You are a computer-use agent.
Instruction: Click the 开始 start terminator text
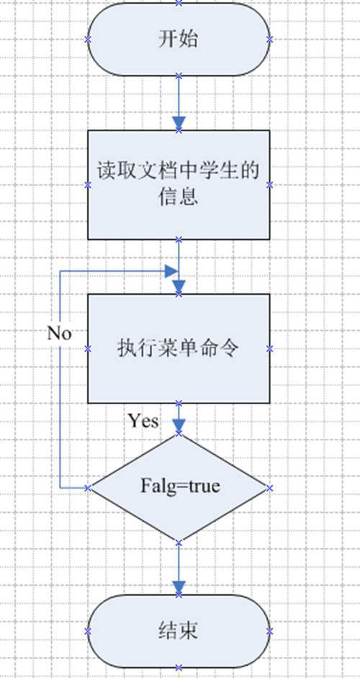click(x=178, y=40)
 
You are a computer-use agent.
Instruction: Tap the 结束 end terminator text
click(x=179, y=631)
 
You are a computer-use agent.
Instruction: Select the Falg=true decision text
click(x=180, y=486)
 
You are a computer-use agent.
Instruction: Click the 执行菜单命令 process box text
click(x=178, y=348)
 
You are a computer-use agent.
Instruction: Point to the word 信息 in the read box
click(x=178, y=197)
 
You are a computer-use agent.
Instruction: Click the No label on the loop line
click(x=59, y=334)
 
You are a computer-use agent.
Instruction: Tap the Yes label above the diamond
click(x=143, y=420)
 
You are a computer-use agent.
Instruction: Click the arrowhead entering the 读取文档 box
click(x=179, y=123)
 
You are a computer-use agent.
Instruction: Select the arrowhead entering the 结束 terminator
click(x=179, y=588)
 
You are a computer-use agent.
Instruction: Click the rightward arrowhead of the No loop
click(x=171, y=271)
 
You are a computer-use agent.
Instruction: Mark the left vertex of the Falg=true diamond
click(x=88, y=488)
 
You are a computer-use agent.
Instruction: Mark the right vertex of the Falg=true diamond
click(x=270, y=488)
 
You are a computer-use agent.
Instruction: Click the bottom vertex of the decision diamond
click(x=179, y=541)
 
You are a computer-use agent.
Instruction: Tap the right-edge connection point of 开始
click(x=270, y=40)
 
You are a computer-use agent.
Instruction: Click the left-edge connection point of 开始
click(x=88, y=40)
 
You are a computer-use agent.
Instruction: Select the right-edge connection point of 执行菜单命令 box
click(x=270, y=349)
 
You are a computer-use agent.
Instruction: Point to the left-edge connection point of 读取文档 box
click(x=88, y=185)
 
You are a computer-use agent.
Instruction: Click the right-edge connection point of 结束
click(x=270, y=631)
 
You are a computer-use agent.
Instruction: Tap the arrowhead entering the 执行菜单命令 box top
click(x=179, y=287)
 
